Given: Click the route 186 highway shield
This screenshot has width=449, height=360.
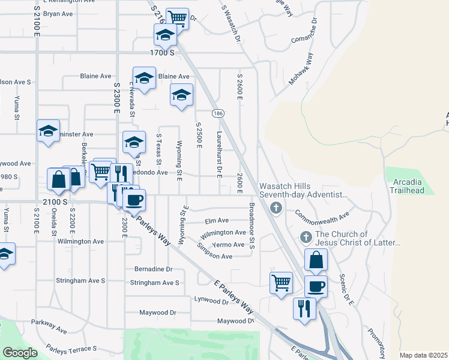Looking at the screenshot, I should (x=218, y=113).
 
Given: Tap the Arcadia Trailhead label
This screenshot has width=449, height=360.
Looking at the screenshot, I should (x=407, y=186).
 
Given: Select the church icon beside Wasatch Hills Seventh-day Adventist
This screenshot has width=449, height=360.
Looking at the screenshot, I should (x=276, y=208).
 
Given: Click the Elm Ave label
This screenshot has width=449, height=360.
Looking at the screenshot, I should (x=217, y=221).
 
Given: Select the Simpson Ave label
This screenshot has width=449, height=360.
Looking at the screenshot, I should (x=215, y=256).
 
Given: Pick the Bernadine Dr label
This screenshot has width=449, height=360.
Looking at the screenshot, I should (x=153, y=269).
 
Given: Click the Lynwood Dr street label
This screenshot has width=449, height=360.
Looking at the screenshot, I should (x=211, y=301).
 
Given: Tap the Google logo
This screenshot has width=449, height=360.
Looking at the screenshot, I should (x=19, y=353).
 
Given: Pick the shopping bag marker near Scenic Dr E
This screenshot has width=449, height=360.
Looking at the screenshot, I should (x=316, y=261).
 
